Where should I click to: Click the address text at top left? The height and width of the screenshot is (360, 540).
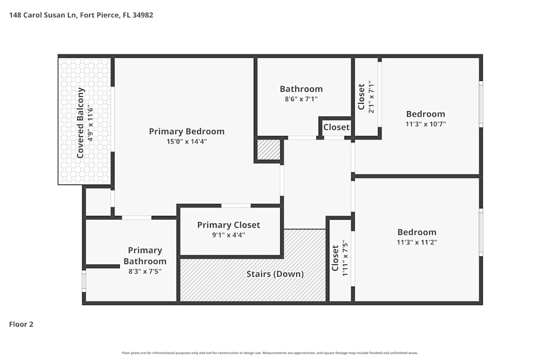tap(82, 15)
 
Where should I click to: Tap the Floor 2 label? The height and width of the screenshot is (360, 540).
tap(21, 324)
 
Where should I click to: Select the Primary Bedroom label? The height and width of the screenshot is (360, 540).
tap(186, 131)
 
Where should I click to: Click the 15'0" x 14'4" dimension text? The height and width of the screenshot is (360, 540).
tap(186, 141)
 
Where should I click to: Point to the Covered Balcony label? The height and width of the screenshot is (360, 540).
tap(80, 123)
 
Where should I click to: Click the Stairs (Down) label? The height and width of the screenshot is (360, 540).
tap(275, 274)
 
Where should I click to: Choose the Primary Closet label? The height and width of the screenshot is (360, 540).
tap(228, 225)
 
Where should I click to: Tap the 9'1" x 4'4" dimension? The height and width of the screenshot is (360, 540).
tap(228, 235)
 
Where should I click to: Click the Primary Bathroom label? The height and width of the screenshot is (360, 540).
tap(145, 256)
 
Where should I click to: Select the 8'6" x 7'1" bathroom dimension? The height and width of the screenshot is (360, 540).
tap(301, 99)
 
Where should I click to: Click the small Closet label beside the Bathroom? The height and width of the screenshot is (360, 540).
tap(336, 127)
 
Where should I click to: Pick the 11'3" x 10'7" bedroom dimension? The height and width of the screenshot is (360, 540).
tap(426, 124)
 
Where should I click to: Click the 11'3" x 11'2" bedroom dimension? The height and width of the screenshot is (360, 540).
tap(416, 242)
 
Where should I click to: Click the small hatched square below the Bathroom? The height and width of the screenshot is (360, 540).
tap(268, 150)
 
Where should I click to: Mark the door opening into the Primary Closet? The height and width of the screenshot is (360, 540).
tap(236, 206)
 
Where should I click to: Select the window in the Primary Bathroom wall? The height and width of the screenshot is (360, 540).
tap(84, 281)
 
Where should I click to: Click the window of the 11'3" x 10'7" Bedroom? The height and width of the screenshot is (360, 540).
tap(481, 104)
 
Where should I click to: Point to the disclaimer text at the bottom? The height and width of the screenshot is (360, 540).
tap(270, 352)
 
